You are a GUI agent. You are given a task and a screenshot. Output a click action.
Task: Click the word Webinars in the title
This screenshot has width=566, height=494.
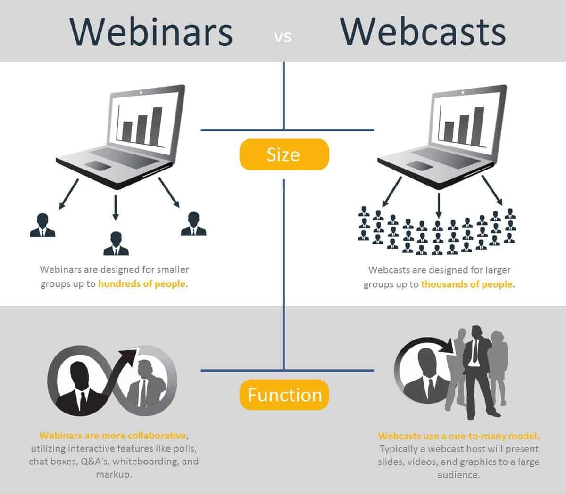[151, 32]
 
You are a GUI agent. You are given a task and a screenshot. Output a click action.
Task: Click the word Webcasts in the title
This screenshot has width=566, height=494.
[423, 32]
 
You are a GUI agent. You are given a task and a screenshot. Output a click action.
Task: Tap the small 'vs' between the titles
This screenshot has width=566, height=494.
[283, 37]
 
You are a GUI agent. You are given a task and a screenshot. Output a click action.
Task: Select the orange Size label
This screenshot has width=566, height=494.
[283, 154]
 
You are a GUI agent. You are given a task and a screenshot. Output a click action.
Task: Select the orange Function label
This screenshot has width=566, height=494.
[284, 395]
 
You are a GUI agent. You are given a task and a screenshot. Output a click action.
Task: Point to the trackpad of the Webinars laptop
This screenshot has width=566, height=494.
[98, 165]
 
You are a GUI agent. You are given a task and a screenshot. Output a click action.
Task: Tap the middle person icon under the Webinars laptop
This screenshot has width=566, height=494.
[116, 243]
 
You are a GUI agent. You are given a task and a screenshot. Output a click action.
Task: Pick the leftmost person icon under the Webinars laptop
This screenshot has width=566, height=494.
[42, 225]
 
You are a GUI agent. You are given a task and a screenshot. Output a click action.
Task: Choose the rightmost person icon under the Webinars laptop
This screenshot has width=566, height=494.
[193, 224]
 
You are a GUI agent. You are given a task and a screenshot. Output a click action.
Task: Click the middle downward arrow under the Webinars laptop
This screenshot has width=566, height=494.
[115, 207]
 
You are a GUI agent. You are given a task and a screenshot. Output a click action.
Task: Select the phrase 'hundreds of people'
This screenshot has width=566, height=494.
[142, 284]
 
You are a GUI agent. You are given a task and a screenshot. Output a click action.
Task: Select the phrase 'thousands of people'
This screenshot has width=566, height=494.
[466, 284]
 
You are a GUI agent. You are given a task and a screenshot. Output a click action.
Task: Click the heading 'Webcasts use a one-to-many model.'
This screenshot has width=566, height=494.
[458, 436]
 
